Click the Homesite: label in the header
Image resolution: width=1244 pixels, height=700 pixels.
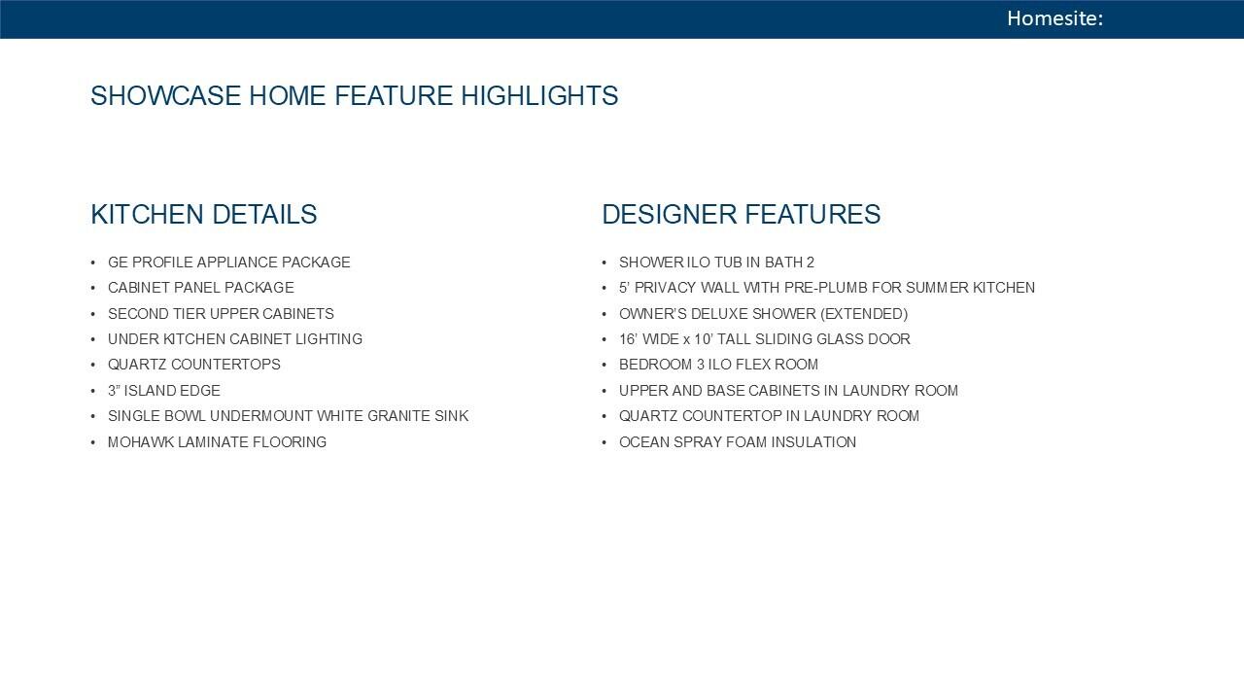pyautogui.click(x=1054, y=18)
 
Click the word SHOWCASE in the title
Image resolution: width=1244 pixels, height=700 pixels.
pyautogui.click(x=166, y=95)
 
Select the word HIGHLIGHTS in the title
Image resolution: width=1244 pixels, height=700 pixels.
pyautogui.click(x=539, y=95)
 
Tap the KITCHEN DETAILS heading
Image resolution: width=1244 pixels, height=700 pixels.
pyautogui.click(x=204, y=215)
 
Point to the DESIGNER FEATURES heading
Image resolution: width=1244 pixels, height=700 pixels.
pyautogui.click(x=741, y=215)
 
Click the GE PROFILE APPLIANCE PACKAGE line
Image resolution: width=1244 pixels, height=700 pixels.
pyautogui.click(x=228, y=262)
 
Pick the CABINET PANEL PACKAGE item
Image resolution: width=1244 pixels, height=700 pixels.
pyautogui.click(x=200, y=288)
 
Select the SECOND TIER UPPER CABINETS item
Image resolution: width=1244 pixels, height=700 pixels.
pyautogui.click(x=221, y=314)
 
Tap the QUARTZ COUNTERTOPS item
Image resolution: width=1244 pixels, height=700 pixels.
pyautogui.click(x=193, y=365)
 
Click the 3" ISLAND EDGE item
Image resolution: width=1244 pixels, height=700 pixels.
pyautogui.click(x=164, y=391)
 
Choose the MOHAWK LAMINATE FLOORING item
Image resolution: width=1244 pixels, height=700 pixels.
pyautogui.click(x=217, y=442)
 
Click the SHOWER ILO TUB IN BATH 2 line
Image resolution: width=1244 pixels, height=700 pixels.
pyautogui.click(x=716, y=262)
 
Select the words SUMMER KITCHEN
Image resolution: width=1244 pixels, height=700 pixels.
pyautogui.click(x=970, y=288)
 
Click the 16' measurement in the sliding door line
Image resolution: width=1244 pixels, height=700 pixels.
pyautogui.click(x=628, y=339)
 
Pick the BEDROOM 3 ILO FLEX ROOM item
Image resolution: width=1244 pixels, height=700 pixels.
pyautogui.click(x=718, y=365)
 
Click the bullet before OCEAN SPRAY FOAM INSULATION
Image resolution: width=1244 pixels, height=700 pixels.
pyautogui.click(x=605, y=442)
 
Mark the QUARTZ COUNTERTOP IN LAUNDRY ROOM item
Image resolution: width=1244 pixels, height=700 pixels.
pyautogui.click(x=769, y=416)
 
